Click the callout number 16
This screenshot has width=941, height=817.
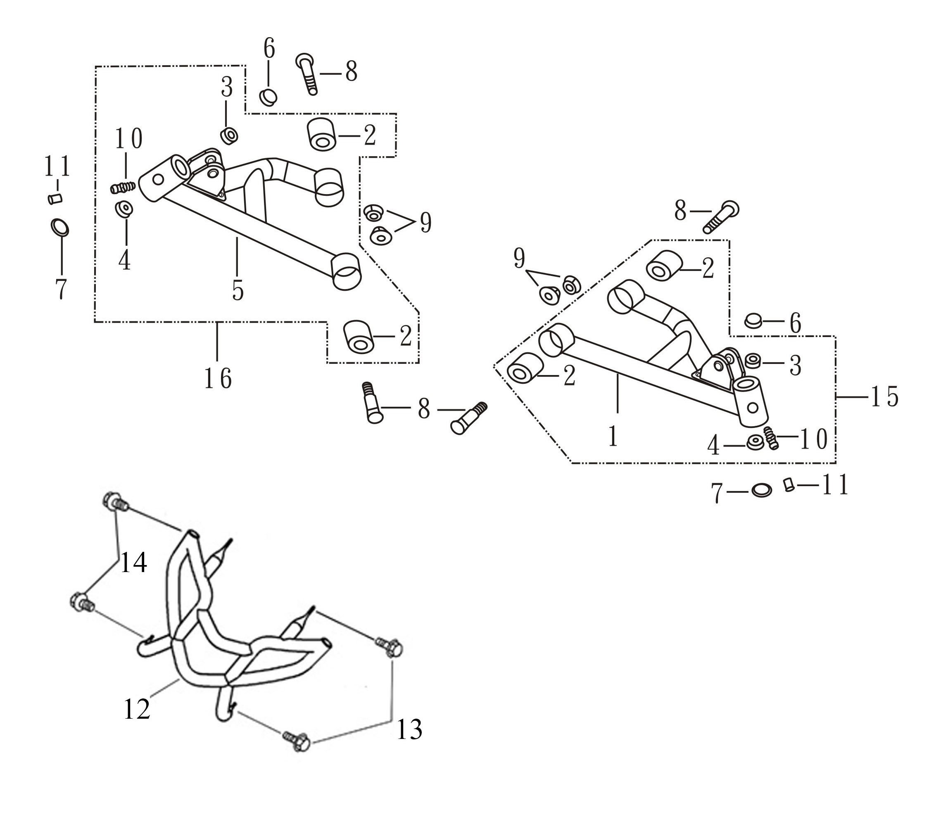click(218, 378)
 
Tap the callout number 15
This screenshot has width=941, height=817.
click(884, 396)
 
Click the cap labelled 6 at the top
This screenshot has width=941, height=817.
click(268, 97)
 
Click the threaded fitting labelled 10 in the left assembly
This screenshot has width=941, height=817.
click(123, 187)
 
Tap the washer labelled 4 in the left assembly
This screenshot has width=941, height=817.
click(124, 209)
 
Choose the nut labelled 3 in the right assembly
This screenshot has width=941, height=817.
click(753, 361)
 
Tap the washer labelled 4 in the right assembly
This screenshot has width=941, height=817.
click(756, 442)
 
